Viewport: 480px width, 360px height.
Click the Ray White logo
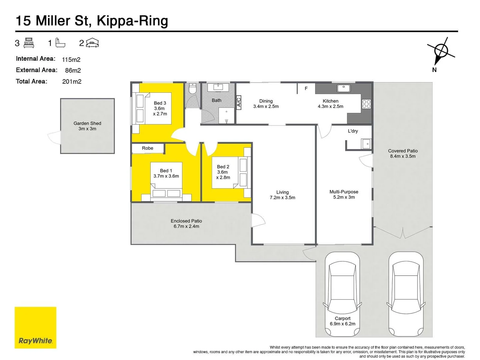pyautogui.click(x=35, y=328)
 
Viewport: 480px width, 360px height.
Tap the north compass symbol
pyautogui.click(x=441, y=51)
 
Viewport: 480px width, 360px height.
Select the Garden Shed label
pyautogui.click(x=87, y=123)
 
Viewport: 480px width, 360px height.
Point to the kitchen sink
pyautogui.click(x=343, y=88)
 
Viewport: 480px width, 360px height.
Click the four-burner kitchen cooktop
pyautogui.click(x=366, y=104)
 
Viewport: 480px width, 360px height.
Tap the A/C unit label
pyautogui.click(x=239, y=102)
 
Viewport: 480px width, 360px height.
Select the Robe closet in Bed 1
pyautogui.click(x=148, y=148)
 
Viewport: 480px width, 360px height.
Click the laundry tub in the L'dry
pyautogui.click(x=366, y=144)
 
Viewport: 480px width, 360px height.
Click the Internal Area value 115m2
pyautogui.click(x=71, y=60)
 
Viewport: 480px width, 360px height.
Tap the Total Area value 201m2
pyautogui.click(x=72, y=82)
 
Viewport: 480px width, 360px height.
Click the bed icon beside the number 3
pyautogui.click(x=29, y=43)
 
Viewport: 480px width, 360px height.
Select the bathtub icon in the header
pyautogui.click(x=60, y=43)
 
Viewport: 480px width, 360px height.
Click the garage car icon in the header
pyautogui.click(x=92, y=43)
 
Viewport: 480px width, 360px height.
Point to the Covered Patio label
pyautogui.click(x=403, y=151)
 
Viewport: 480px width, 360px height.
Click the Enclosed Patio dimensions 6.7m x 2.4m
pyautogui.click(x=186, y=226)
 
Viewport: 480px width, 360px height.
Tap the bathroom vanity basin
pyautogui.click(x=218, y=87)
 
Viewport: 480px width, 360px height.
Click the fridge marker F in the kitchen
pyautogui.click(x=306, y=89)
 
